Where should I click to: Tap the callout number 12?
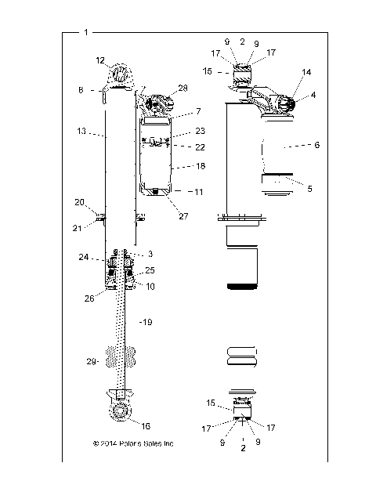(x=100, y=60)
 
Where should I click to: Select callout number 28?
(x=183, y=89)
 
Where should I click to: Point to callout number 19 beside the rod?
(x=146, y=322)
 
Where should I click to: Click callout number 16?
(x=144, y=425)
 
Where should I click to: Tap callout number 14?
(x=306, y=71)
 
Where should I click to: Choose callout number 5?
(x=310, y=188)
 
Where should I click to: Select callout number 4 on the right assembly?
(x=313, y=96)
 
